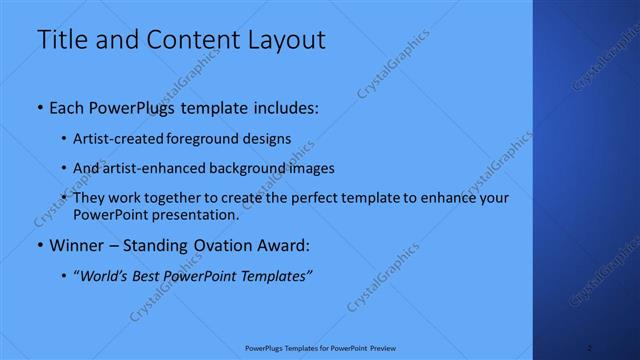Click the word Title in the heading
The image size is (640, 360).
coord(61,40)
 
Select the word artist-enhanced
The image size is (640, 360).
coord(148,168)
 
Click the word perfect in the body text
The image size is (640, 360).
coord(316,198)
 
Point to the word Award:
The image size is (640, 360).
coord(283,245)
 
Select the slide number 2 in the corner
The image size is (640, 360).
coord(590,348)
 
